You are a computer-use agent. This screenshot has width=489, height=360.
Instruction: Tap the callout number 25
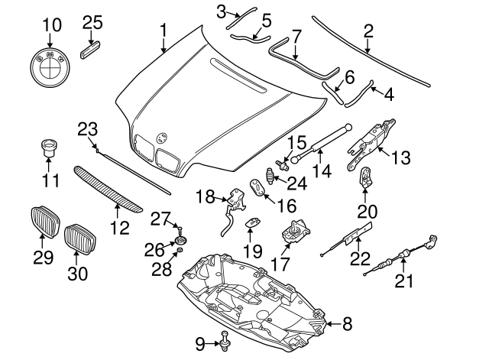92,22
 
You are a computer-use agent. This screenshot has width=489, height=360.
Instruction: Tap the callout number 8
348,324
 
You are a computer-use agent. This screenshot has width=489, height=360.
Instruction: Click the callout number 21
403,281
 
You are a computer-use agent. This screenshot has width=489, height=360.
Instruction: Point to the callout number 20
367,211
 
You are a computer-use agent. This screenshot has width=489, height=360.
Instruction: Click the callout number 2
368,31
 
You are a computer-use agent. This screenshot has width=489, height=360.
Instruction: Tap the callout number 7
296,35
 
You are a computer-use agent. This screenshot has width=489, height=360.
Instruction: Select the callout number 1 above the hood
163,31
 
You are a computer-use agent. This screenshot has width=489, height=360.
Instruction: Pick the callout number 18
205,196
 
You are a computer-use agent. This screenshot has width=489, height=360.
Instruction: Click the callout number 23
88,128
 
